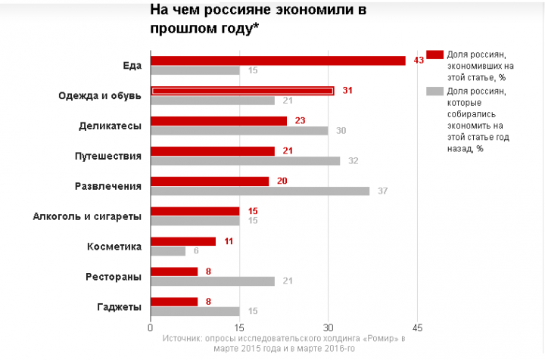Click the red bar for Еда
click(x=278, y=61)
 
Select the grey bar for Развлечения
click(x=260, y=191)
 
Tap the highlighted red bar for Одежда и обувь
click(x=242, y=91)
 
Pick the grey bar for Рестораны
click(x=212, y=281)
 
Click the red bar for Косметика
click(x=183, y=241)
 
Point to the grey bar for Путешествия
click(x=245, y=160)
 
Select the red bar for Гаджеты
click(x=174, y=301)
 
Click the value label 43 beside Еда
click(x=418, y=61)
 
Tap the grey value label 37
click(x=382, y=191)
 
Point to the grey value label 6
click(x=196, y=251)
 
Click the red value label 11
click(x=228, y=241)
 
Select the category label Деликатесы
click(x=110, y=126)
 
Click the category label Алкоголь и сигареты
click(x=87, y=216)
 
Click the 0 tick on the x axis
click(x=151, y=327)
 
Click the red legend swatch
click(x=434, y=54)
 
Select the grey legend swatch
click(x=434, y=91)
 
